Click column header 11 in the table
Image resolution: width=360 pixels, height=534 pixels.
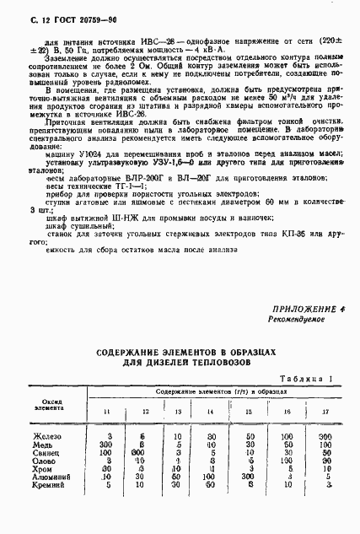(x=106, y=411)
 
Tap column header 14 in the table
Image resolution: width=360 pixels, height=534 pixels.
(x=211, y=411)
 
